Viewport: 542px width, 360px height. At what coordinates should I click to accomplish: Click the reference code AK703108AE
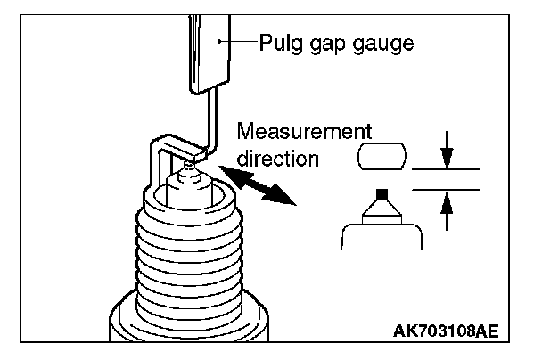(446, 331)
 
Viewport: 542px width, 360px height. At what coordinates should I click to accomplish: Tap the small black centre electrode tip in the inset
(381, 193)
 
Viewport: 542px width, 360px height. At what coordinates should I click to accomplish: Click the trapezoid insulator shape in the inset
(381, 210)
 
